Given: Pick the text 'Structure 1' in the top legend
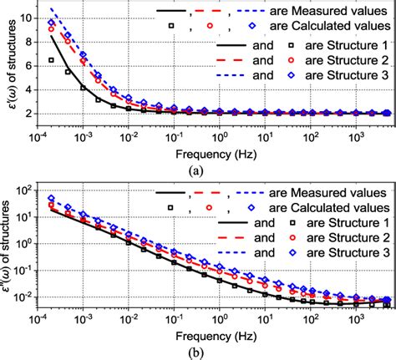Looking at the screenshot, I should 353,44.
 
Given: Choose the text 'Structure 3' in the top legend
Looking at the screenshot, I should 353,75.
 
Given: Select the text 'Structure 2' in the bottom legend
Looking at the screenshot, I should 353,241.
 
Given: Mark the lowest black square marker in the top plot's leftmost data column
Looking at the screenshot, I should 53,60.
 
